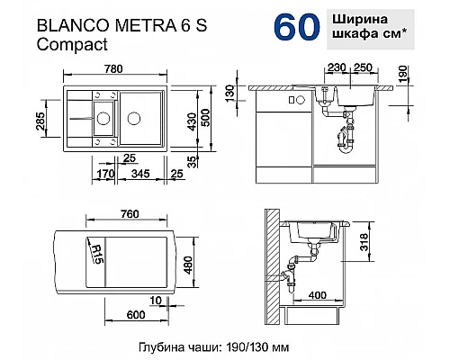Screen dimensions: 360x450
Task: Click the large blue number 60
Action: pyautogui.click(x=292, y=26)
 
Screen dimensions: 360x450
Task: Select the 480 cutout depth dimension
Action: pyautogui.click(x=208, y=261)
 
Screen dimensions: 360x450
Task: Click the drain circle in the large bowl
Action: pyautogui.click(x=132, y=117)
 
